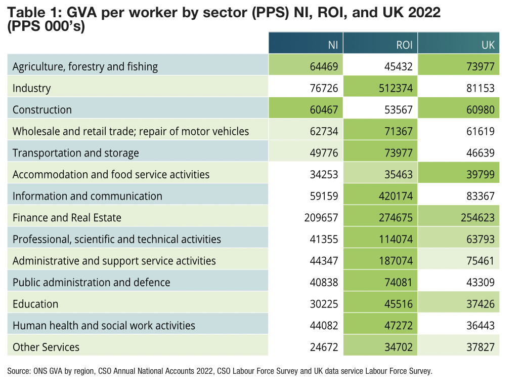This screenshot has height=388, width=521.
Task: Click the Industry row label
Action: coord(32,88)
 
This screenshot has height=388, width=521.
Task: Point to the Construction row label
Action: coord(42,110)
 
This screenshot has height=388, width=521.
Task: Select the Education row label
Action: coord(35,304)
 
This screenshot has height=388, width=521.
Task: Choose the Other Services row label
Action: coord(46,347)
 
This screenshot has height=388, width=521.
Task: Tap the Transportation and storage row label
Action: coord(75,153)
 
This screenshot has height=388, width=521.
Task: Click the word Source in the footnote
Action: coord(18,371)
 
